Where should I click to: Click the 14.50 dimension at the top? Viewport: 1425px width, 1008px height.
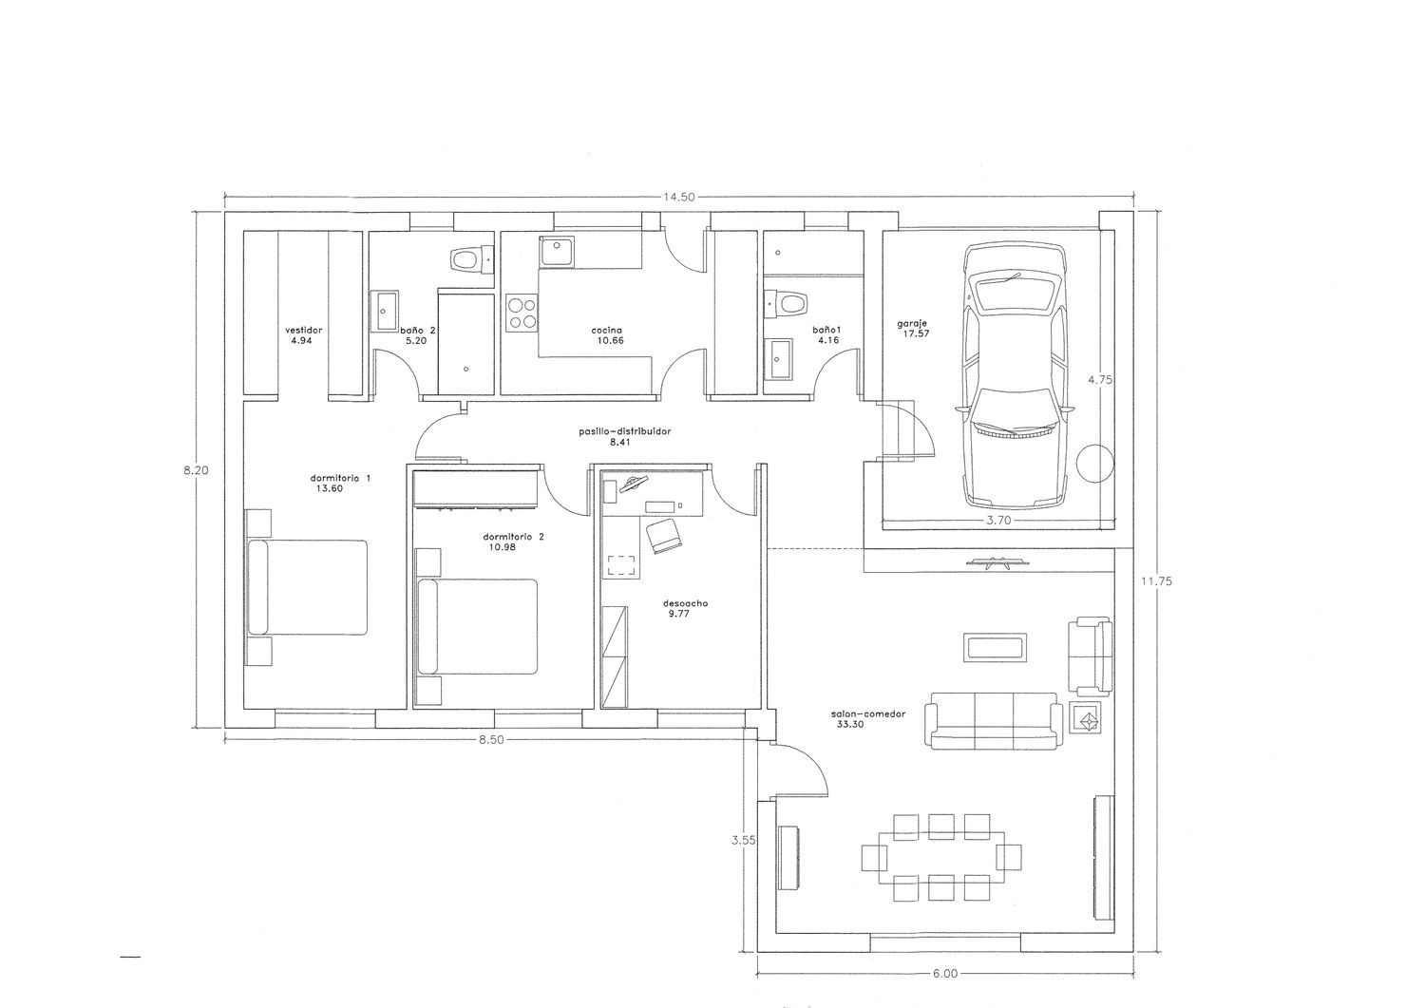coord(679,198)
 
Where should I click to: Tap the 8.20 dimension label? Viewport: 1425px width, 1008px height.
coord(196,471)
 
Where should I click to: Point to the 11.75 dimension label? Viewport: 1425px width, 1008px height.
coord(1156,581)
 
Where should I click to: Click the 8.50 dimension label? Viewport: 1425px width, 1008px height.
coord(490,739)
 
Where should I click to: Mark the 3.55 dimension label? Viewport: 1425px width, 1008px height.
coord(743,840)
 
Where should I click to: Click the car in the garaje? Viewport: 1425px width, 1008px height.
coord(1016,377)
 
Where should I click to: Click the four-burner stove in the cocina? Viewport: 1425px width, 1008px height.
coord(522,313)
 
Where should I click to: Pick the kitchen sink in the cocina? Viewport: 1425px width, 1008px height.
coord(558,253)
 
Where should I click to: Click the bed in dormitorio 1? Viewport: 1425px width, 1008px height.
coord(307,587)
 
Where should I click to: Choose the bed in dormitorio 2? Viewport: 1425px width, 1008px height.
coord(477,626)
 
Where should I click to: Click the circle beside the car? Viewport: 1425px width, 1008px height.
coord(1095,464)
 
